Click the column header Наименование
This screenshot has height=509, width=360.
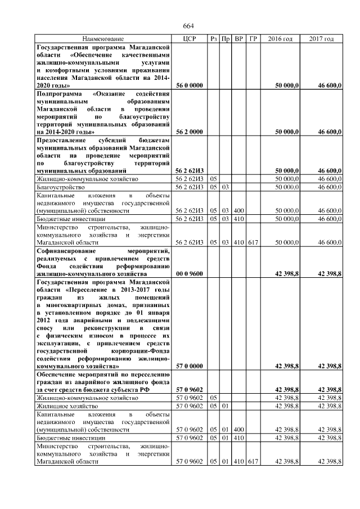pos(103,39)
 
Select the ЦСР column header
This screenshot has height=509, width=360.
pos(189,39)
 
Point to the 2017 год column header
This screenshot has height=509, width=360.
pos(322,39)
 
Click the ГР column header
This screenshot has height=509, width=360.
pos(253,39)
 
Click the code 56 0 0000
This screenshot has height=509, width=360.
pos(189,85)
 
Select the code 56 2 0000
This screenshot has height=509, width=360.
pos(189,132)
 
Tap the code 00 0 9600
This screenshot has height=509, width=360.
pos(189,273)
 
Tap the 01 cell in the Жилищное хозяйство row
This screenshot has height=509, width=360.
pos(225,406)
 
